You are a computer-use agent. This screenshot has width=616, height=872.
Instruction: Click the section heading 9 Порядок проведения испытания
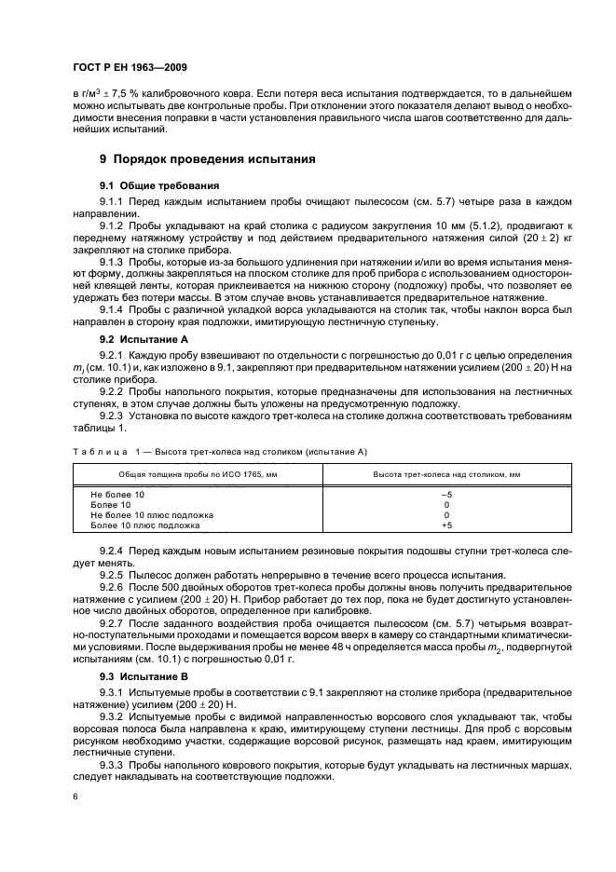click(x=207, y=159)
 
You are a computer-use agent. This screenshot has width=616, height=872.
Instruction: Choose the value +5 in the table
click(x=445, y=525)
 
